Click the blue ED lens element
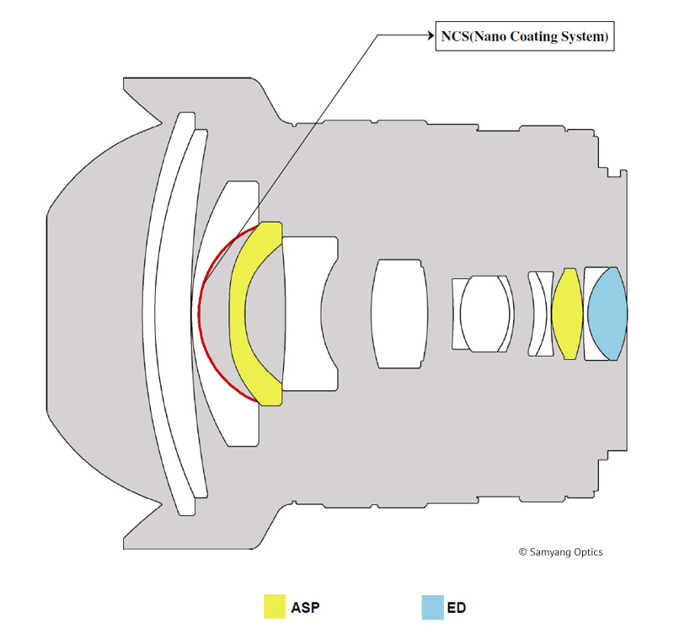pyautogui.click(x=607, y=314)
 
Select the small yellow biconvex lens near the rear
pyautogui.click(x=567, y=314)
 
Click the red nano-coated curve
pyautogui.click(x=201, y=314)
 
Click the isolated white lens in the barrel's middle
pyautogui.click(x=397, y=314)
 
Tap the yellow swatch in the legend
pyautogui.click(x=275, y=606)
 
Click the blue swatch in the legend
pyautogui.click(x=433, y=606)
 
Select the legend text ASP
pyautogui.click(x=305, y=607)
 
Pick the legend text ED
pyautogui.click(x=457, y=607)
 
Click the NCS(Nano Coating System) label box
pyautogui.click(x=524, y=36)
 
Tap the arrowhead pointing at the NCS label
pyautogui.click(x=429, y=35)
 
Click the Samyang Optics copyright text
pyautogui.click(x=560, y=552)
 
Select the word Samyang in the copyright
pyautogui.click(x=551, y=552)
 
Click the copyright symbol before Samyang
pyautogui.click(x=522, y=552)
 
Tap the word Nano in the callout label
pyautogui.click(x=487, y=36)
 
